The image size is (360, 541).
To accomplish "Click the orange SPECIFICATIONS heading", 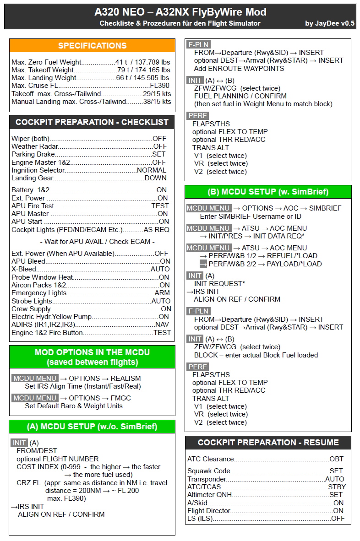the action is pyautogui.click(x=92, y=45).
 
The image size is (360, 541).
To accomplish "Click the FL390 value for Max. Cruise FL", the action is pyautogui.click(x=159, y=86).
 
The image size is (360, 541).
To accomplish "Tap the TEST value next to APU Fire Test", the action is pyautogui.click(x=160, y=206).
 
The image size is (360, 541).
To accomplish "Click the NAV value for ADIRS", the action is pyautogui.click(x=162, y=325).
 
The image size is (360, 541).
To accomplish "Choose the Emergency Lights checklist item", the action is pyautogui.click(x=39, y=293).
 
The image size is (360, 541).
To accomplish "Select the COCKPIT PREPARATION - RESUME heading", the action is pyautogui.click(x=268, y=443).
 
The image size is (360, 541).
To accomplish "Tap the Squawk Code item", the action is pyautogui.click(x=209, y=471).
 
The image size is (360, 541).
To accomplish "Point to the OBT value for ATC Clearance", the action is pyautogui.click(x=336, y=459).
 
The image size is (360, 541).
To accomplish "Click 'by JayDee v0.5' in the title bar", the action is pyautogui.click(x=330, y=23).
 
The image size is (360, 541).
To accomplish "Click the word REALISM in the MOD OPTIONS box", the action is pyautogui.click(x=125, y=379).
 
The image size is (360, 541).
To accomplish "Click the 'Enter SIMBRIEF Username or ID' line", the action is pyautogui.click(x=251, y=216).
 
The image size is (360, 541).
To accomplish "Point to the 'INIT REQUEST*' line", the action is pyautogui.click(x=219, y=284).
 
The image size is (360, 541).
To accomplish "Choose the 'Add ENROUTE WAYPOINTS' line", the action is pyautogui.click(x=239, y=69).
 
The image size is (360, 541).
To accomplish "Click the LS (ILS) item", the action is pyautogui.click(x=200, y=519).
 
